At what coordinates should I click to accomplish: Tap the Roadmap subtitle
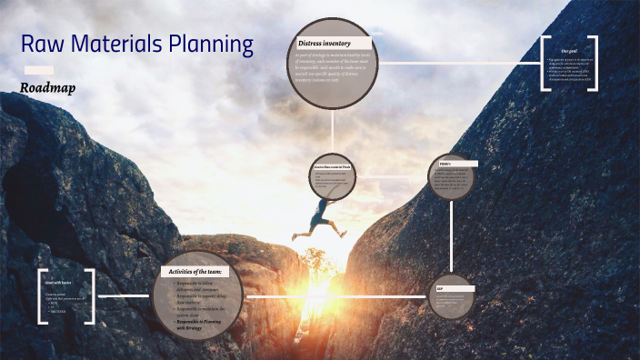47,88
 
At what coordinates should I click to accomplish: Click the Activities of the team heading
202,271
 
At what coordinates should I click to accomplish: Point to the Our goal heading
570,51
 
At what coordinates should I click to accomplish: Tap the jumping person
321,217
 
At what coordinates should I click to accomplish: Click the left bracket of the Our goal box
545,63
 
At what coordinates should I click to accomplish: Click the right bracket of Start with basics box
94,296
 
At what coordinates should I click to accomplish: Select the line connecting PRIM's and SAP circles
453,236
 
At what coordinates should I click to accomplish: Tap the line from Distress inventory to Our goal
459,63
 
